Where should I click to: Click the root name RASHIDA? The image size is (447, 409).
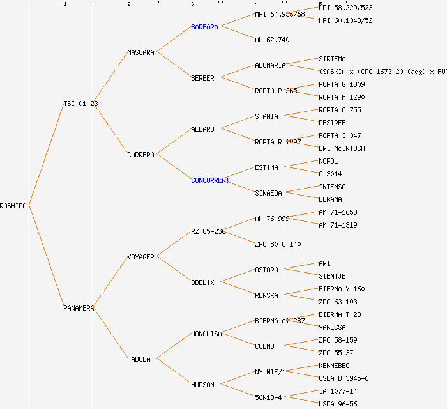click(x=13, y=206)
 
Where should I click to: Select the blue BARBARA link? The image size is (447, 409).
click(x=204, y=27)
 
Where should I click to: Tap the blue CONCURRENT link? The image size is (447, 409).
click(x=210, y=180)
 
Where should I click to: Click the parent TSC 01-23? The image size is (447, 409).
click(x=80, y=104)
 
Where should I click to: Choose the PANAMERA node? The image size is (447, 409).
click(x=79, y=308)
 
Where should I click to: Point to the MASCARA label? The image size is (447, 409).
click(x=140, y=52)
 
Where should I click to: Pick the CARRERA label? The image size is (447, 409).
click(x=140, y=155)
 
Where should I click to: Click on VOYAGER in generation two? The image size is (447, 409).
click(x=140, y=257)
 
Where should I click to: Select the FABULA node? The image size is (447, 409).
click(x=139, y=359)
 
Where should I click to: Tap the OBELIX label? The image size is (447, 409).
click(x=202, y=282)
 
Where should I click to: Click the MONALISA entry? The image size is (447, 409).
click(x=206, y=334)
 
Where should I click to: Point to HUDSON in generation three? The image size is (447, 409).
click(x=202, y=385)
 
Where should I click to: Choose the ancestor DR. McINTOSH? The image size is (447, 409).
click(x=342, y=148)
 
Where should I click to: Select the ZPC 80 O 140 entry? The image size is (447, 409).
click(x=278, y=244)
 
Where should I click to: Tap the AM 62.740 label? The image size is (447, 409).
click(x=272, y=40)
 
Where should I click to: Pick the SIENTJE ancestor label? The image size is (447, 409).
click(x=332, y=276)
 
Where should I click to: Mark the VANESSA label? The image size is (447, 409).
click(x=332, y=327)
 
